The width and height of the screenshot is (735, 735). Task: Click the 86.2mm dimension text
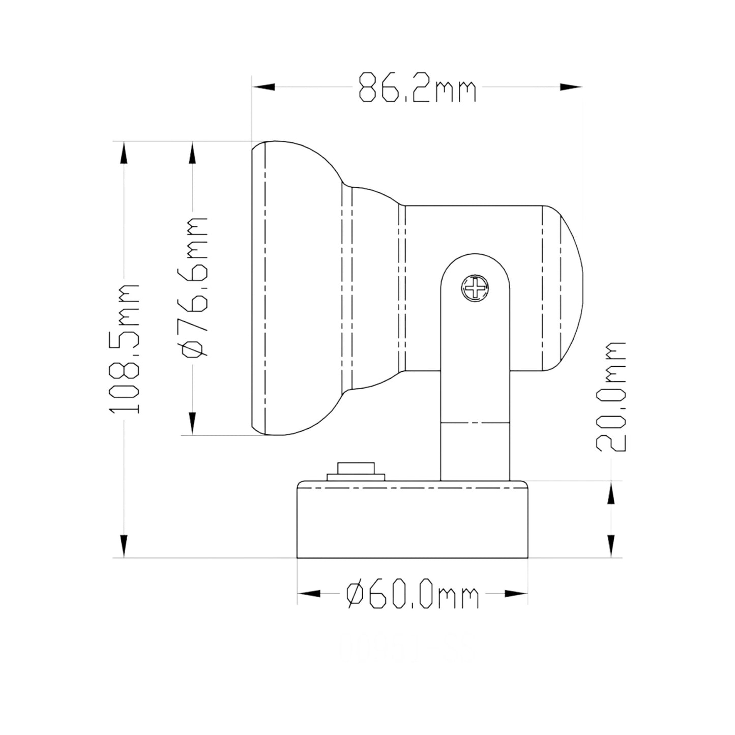[x=417, y=87]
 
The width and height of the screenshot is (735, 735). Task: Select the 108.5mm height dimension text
[x=125, y=349]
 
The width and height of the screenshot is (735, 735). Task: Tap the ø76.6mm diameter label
[x=194, y=287]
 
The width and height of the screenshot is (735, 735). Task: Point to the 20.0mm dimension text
[x=611, y=397]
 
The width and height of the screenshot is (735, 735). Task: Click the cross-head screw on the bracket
[x=476, y=288]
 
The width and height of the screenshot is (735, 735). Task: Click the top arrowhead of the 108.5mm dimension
[x=124, y=153]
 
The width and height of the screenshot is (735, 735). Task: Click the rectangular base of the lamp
[x=412, y=521]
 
